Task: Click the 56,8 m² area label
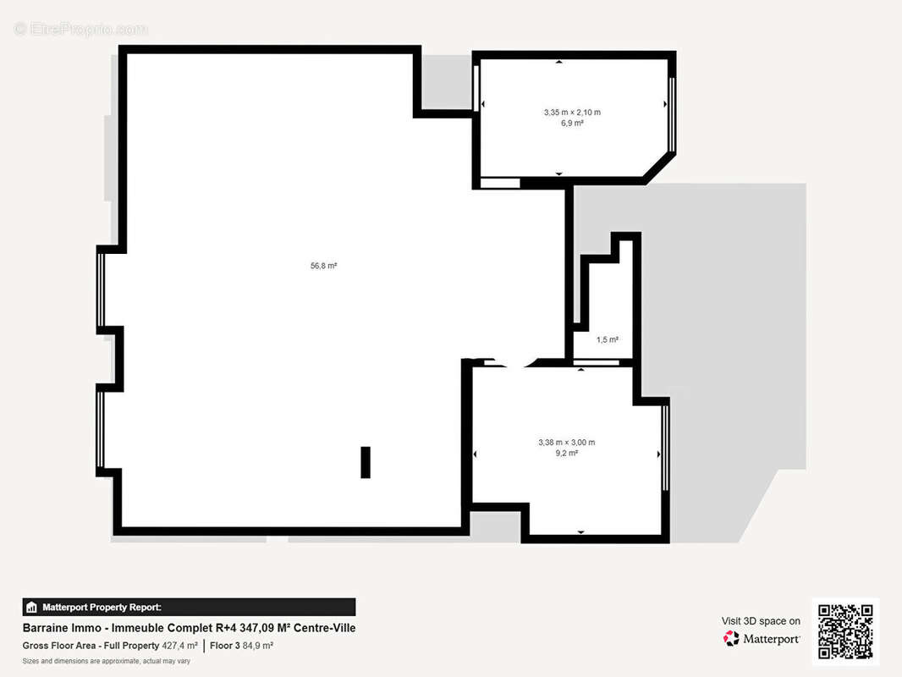tap(323, 266)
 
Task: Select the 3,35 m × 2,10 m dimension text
tap(571, 112)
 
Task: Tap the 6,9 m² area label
tap(571, 123)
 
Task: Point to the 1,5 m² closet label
tap(607, 340)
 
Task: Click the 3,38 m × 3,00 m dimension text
tap(566, 442)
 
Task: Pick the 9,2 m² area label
tap(566, 454)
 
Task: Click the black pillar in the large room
tap(366, 462)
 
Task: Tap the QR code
tap(845, 631)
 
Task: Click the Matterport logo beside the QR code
tap(762, 639)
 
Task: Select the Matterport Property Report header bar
tap(189, 607)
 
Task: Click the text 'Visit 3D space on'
tap(761, 621)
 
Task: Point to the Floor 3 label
tap(225, 646)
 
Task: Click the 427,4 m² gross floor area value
tap(179, 646)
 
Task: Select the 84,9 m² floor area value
tap(258, 646)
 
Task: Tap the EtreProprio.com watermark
tap(80, 29)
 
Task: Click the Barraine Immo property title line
tap(189, 628)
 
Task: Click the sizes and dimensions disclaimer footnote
tap(106, 661)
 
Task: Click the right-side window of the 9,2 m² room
tap(666, 447)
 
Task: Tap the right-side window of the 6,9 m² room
tap(672, 114)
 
